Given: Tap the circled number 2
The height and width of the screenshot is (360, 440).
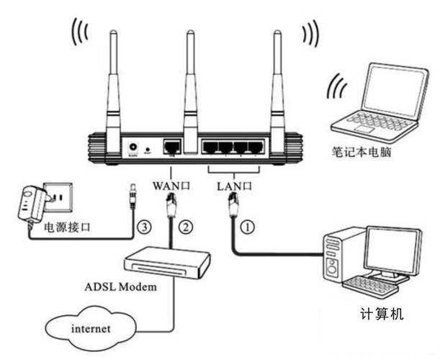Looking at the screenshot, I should point(186,228).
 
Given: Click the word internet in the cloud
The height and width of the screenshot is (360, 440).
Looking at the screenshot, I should point(91,328).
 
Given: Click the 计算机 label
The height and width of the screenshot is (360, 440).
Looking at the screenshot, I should point(382,314).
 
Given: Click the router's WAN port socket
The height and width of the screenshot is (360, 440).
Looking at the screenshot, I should point(171,146).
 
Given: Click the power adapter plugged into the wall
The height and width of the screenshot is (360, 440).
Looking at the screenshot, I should point(30,203).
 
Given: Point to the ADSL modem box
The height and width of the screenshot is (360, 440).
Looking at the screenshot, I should point(166,258).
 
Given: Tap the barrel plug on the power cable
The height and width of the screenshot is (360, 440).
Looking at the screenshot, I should point(132,194).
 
